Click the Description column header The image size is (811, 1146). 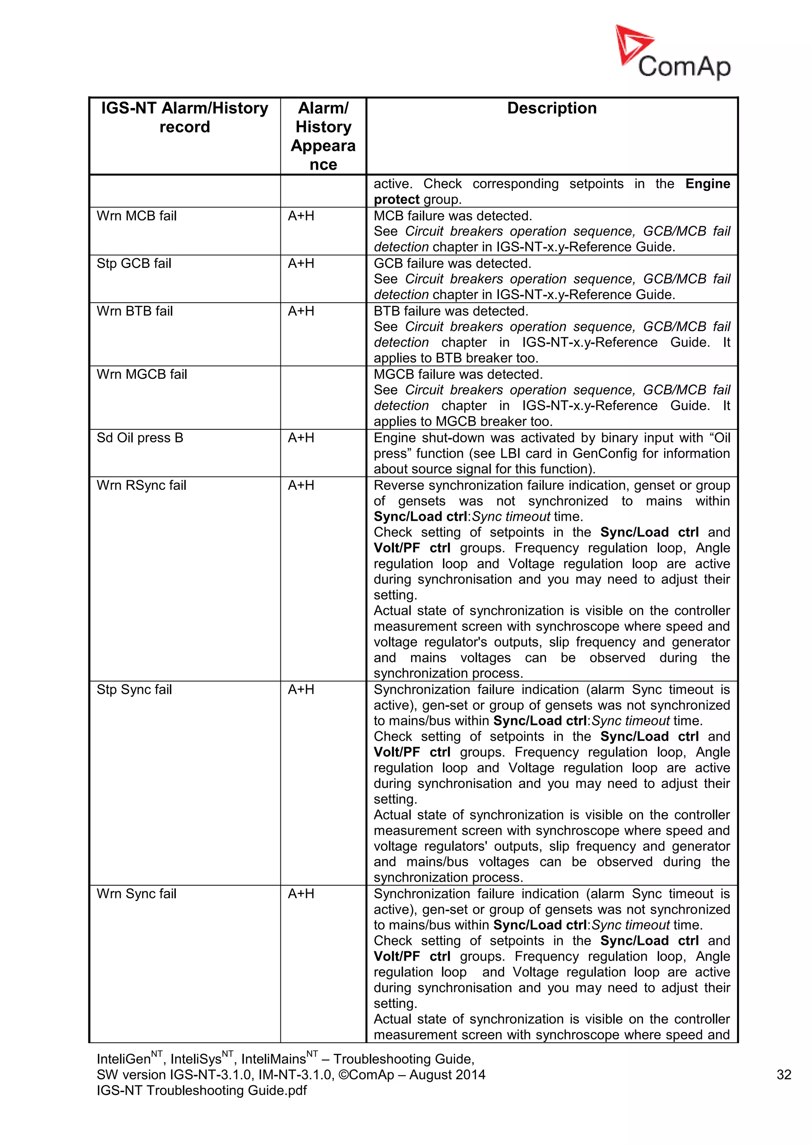[x=551, y=108]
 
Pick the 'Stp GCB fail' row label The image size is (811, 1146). [x=134, y=264]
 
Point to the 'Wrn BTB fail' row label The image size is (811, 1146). [x=134, y=311]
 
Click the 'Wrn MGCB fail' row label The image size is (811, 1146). [x=142, y=374]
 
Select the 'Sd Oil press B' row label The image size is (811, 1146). [x=140, y=438]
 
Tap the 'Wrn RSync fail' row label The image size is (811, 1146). [x=141, y=485]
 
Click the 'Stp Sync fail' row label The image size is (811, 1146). [x=134, y=690]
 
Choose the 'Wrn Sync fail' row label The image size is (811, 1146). [x=136, y=894]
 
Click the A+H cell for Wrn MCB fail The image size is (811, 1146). [x=301, y=216]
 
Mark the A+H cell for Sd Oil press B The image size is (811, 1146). [x=301, y=438]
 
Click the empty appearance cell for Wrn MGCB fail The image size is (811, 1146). [x=323, y=397]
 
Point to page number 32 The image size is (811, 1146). [x=784, y=1075]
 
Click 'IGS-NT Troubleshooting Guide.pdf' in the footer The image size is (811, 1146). [x=202, y=1091]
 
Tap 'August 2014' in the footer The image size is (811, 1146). [x=447, y=1075]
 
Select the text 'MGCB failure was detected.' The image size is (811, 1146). [x=458, y=374]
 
